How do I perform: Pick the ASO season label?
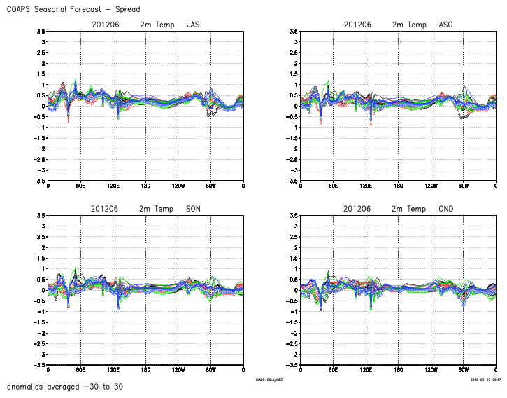[445, 25]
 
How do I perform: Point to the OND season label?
[445, 209]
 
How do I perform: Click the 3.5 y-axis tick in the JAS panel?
[42, 31]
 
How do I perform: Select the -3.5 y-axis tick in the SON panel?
[41, 365]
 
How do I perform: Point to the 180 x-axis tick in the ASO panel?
[398, 186]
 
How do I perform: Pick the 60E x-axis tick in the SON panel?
[80, 370]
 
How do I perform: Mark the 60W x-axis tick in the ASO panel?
[463, 186]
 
